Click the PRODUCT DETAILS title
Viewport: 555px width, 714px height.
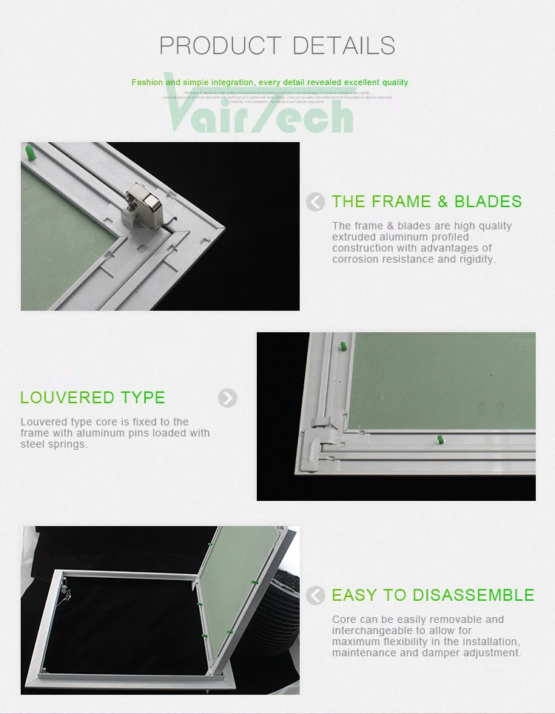click(277, 45)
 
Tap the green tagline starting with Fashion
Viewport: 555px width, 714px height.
click(269, 82)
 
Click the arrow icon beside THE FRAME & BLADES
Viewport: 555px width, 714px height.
click(316, 201)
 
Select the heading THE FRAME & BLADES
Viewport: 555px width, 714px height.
click(426, 201)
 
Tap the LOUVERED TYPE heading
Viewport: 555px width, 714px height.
click(92, 397)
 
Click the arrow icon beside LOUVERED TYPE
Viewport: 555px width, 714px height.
click(228, 398)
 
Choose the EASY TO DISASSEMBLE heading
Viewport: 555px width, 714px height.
click(433, 595)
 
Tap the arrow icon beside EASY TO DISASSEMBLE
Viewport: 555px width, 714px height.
click(316, 595)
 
